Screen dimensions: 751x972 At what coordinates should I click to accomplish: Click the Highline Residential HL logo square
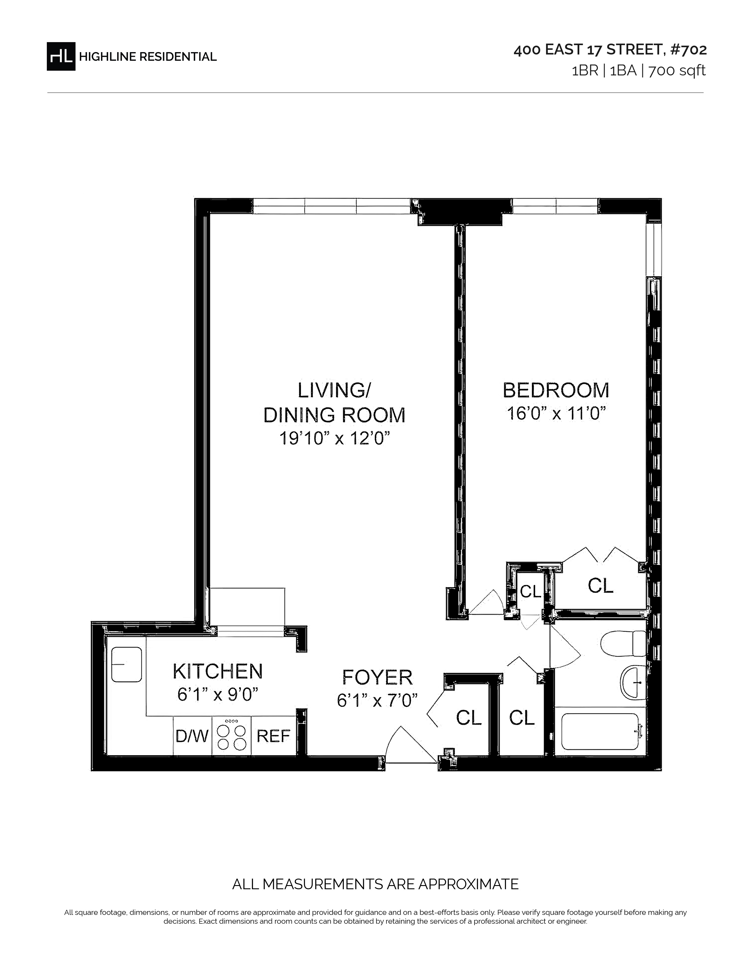(61, 56)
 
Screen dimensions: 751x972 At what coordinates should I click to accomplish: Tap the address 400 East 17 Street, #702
(610, 50)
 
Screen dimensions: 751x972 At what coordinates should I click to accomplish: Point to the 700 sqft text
(677, 71)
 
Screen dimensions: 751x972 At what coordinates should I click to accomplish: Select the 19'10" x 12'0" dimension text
(335, 439)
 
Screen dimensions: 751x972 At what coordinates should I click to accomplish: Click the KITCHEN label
(218, 672)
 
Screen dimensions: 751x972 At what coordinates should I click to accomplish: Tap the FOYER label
(377, 677)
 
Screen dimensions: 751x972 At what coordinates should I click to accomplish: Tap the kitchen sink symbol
(126, 664)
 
